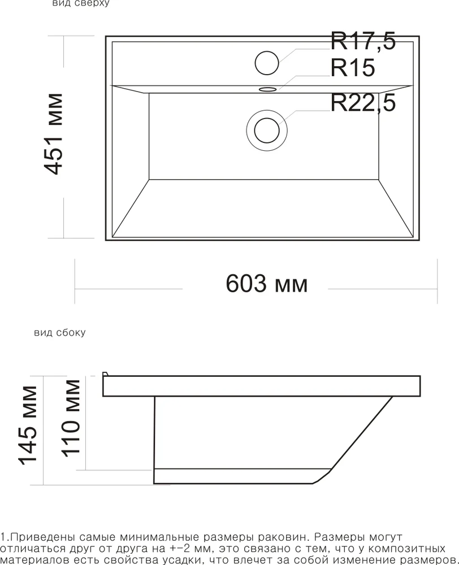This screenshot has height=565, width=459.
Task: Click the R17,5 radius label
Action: point(363,42)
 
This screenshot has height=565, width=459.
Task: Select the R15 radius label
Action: point(352,68)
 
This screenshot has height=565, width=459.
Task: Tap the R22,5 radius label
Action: point(363,103)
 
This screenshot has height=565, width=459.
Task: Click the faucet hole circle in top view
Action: point(267,62)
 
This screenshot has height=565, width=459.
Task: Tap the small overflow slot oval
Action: point(267,89)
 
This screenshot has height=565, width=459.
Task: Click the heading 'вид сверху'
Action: point(80,3)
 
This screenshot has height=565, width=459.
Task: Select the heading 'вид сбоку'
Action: point(60,333)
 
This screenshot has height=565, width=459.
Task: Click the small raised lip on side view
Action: point(105,374)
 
